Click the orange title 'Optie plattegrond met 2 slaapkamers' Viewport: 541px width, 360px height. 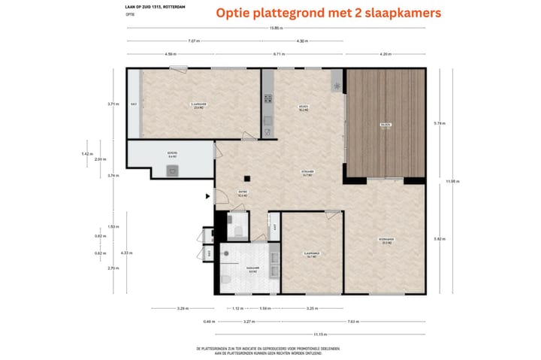[329, 13]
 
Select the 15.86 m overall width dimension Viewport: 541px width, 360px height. [278, 28]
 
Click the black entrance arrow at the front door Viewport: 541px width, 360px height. [208, 198]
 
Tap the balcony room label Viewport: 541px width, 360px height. [385, 126]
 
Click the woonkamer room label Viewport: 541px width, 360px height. [386, 241]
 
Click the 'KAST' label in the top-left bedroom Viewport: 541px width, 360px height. [134, 104]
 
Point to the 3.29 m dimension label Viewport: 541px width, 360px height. [183, 308]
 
